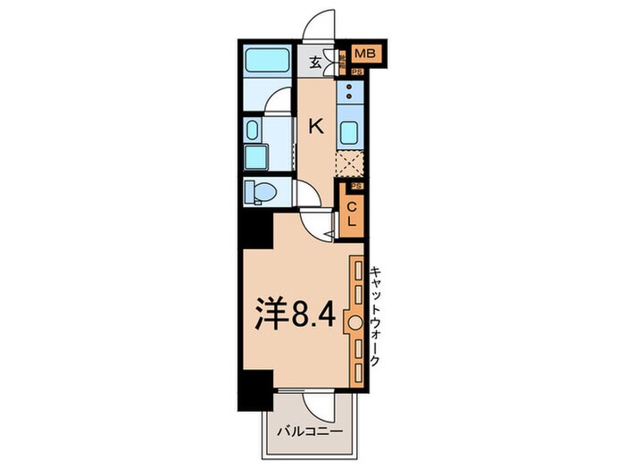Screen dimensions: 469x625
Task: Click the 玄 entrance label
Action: click(x=316, y=62)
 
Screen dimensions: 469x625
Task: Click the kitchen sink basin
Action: click(x=350, y=131)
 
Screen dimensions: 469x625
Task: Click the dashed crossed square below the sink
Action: click(x=349, y=163)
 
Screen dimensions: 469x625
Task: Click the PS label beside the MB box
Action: click(x=356, y=72)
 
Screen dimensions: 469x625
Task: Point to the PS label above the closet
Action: click(x=355, y=186)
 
